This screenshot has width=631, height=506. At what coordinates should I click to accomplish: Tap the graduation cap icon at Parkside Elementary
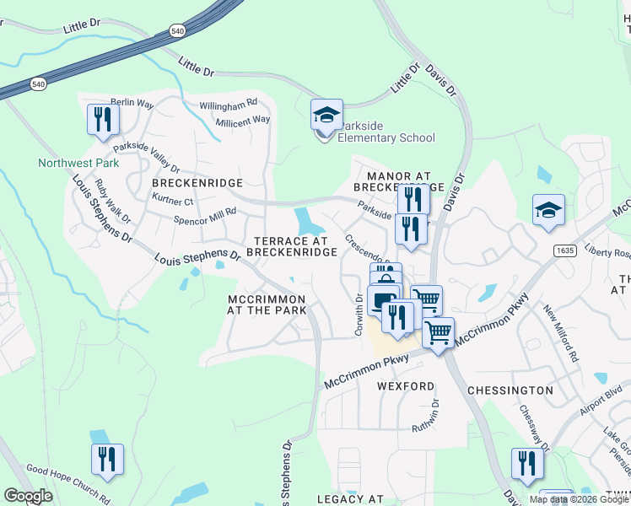pos(326,115)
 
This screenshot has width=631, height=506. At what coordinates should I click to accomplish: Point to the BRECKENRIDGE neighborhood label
pos(197,182)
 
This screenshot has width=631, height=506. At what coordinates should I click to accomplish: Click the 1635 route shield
pos(565,250)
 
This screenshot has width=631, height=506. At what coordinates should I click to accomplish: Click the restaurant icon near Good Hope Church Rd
pos(107,460)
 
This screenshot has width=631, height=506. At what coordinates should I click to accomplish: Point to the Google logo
pos(28,496)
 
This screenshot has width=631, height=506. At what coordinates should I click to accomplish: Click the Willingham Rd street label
pos(228,105)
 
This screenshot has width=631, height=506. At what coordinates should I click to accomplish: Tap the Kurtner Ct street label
pos(173,202)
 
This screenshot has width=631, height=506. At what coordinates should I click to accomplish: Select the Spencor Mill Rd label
pos(205,216)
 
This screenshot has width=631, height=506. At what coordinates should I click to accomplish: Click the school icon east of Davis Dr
pos(548,211)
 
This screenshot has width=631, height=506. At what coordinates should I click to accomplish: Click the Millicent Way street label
pos(242,121)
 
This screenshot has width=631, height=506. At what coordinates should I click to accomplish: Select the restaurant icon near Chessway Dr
pos(527,464)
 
